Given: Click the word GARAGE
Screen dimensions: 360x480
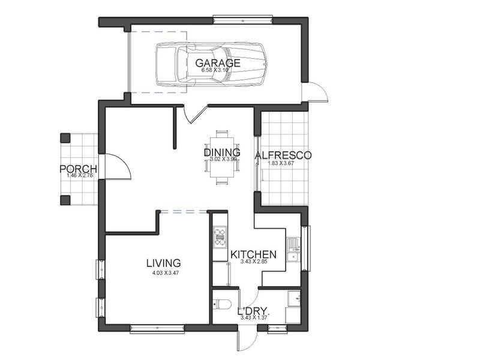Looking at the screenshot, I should pos(217,62).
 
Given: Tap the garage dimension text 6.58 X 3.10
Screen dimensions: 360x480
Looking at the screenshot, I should pos(217,70).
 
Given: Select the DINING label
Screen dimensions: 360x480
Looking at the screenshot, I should pos(221,152).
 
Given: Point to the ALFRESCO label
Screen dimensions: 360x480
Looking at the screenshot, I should pos(283,155).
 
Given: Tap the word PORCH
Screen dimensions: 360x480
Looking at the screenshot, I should pos(78,169).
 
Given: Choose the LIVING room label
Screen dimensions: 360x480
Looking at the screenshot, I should pos(164,263).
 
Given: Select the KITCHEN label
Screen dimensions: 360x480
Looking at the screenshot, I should pos(253,254).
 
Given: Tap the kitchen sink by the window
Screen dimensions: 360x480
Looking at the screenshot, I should pos(293,250).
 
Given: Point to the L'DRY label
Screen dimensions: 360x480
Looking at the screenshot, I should pos(253,311).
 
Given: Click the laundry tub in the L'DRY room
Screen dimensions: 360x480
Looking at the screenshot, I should pos(293,298).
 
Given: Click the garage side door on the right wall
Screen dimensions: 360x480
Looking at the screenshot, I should pos(316,92).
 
